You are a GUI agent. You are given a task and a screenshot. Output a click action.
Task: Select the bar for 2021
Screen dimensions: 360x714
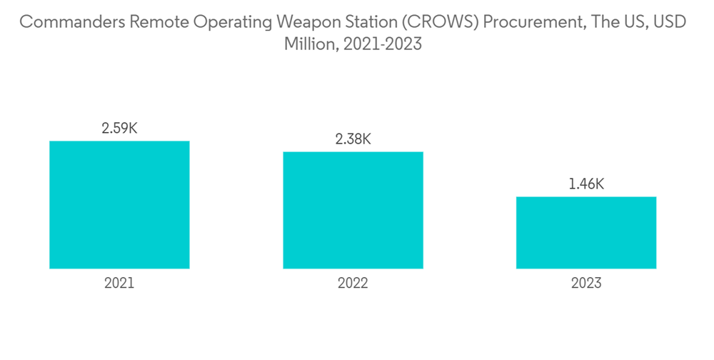tap(119, 205)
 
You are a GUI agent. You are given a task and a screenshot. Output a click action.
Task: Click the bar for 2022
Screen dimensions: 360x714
tap(353, 210)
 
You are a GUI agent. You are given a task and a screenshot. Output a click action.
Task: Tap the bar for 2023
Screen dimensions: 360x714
tap(586, 233)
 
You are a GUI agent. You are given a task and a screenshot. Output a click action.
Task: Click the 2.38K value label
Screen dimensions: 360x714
tap(353, 139)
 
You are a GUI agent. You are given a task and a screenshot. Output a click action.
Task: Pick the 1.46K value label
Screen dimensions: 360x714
tap(586, 184)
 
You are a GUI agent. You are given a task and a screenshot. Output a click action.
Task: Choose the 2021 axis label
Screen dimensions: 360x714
tap(119, 283)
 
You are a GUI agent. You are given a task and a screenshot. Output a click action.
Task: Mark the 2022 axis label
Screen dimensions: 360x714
tap(353, 283)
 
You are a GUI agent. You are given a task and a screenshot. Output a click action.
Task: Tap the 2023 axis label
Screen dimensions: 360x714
tap(586, 283)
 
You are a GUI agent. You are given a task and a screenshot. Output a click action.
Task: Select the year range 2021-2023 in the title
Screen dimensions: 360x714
tap(383, 44)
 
